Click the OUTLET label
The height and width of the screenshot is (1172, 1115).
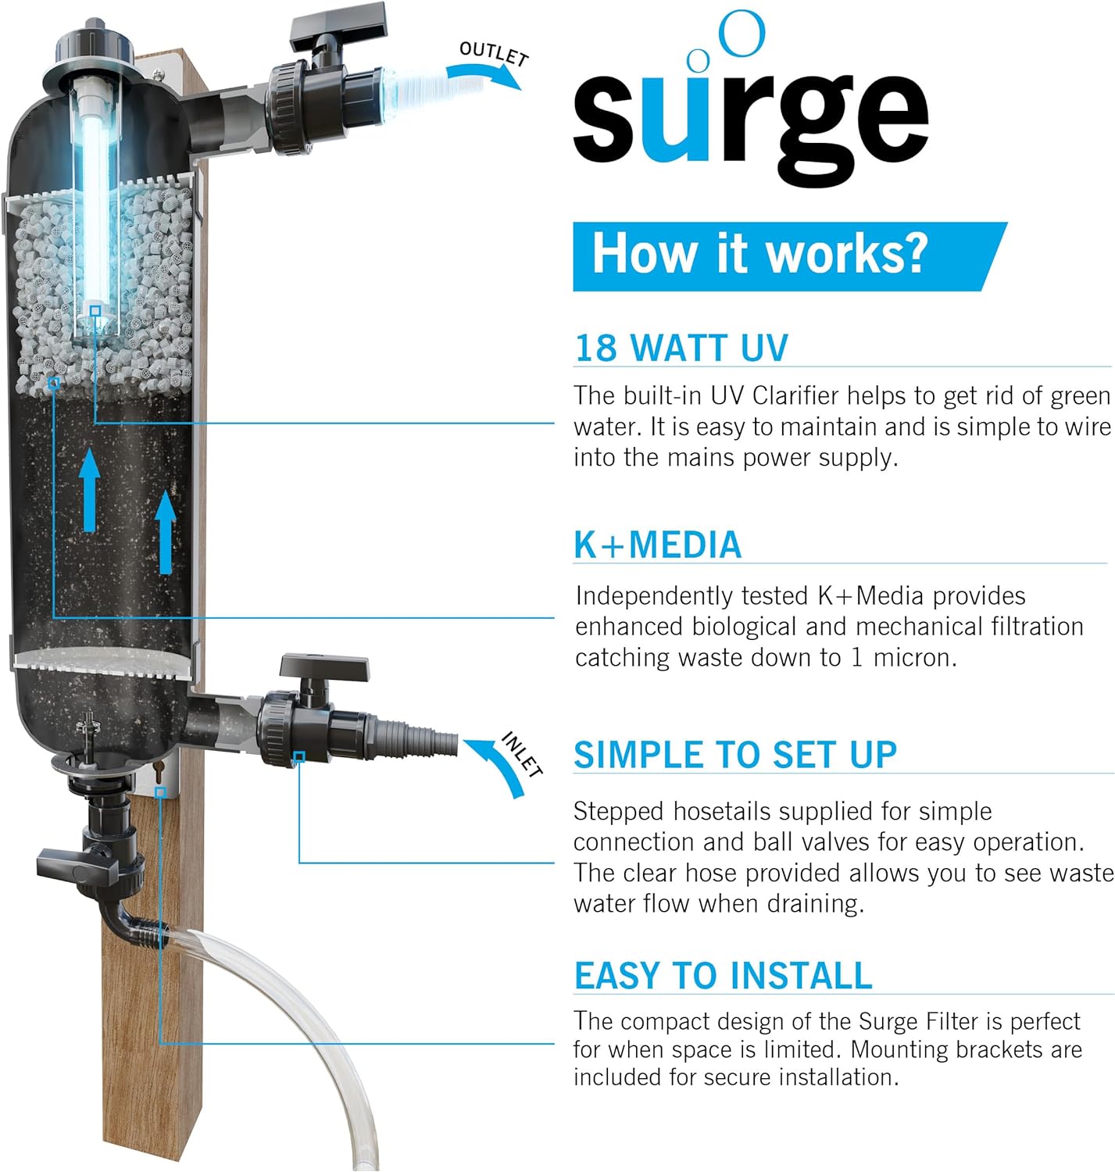click(494, 54)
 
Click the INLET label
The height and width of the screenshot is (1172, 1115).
click(522, 753)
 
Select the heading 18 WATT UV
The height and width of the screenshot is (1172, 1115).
click(681, 348)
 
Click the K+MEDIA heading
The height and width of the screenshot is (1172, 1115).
click(658, 545)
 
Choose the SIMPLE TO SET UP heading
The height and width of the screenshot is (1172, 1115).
click(735, 755)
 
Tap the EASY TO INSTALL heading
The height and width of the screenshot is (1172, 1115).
click(724, 975)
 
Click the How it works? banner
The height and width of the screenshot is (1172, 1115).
click(790, 256)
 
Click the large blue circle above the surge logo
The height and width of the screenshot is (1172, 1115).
click(742, 34)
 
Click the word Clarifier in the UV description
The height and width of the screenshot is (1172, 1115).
click(799, 395)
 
